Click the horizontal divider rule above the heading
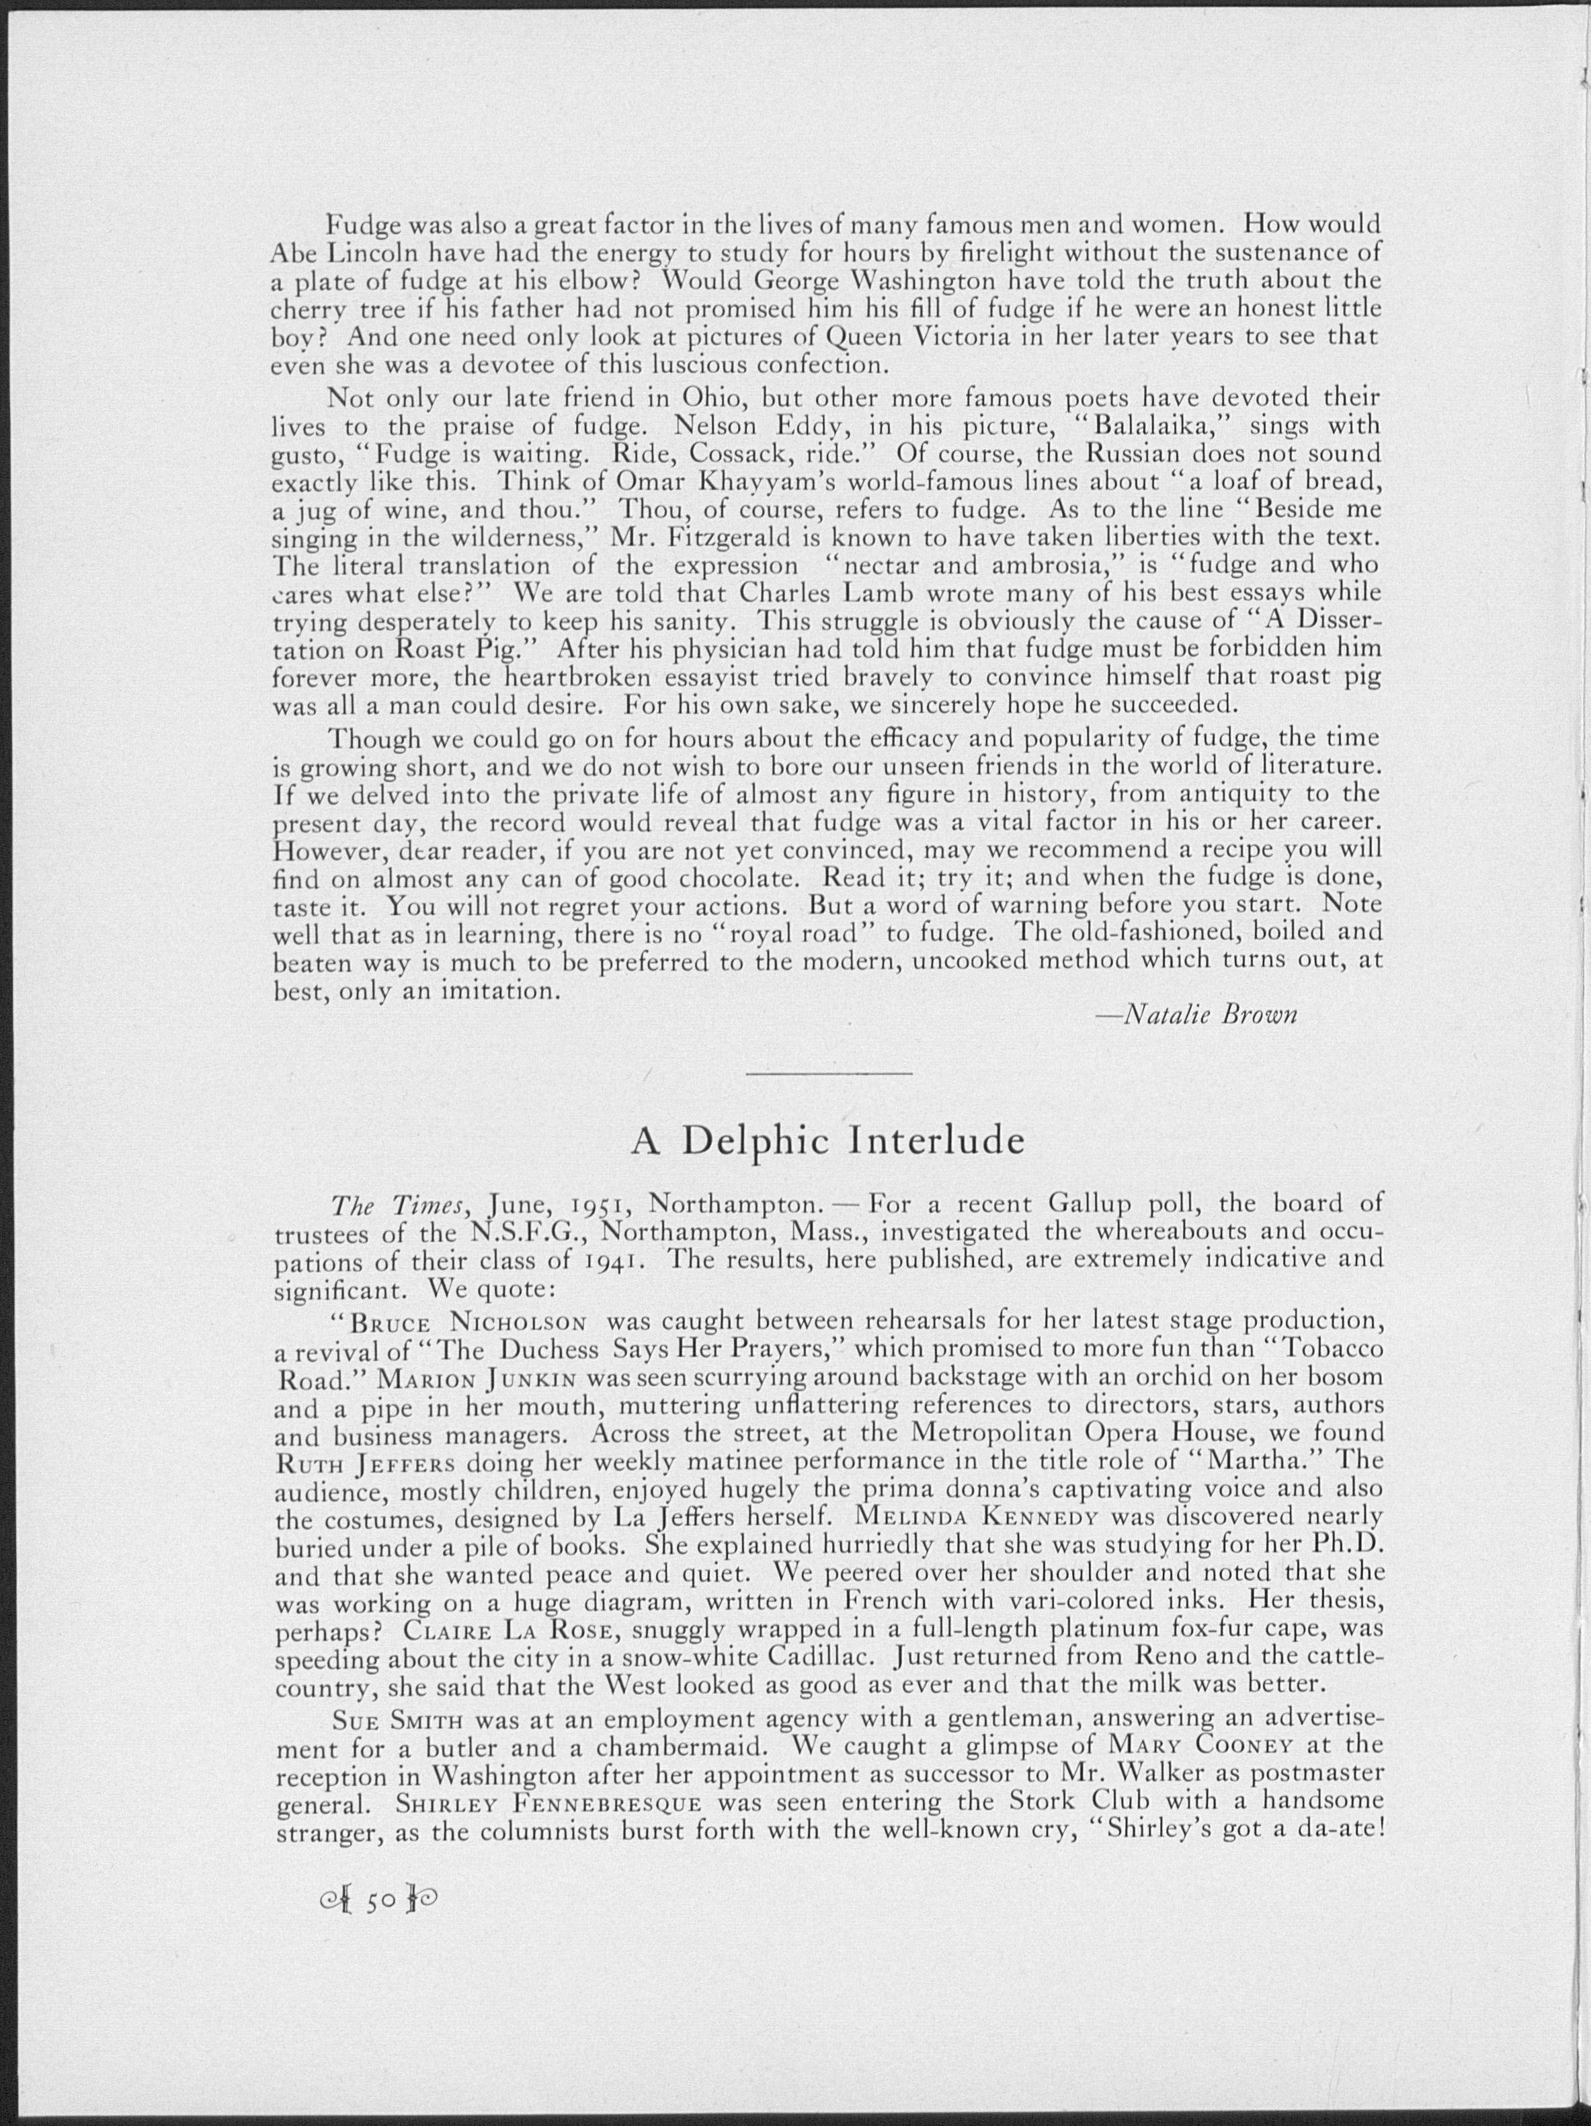(828, 1072)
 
